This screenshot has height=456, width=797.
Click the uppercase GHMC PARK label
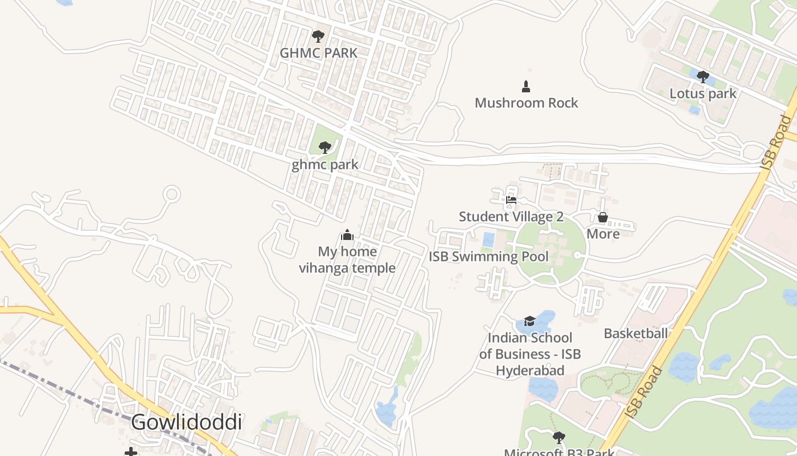tap(318, 53)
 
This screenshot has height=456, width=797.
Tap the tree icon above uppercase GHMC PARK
tap(318, 36)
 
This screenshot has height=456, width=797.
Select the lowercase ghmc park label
tap(325, 165)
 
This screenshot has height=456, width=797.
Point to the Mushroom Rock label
tap(526, 103)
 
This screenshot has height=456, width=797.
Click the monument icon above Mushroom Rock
tap(526, 87)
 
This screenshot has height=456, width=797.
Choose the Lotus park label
tap(703, 93)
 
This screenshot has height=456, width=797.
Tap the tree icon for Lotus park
tap(703, 77)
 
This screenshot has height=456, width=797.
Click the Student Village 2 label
tap(511, 217)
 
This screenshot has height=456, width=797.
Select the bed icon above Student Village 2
tap(511, 200)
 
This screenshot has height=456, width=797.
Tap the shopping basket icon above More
tap(603, 217)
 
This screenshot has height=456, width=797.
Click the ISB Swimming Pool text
tap(488, 256)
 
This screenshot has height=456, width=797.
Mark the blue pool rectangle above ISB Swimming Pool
tap(488, 239)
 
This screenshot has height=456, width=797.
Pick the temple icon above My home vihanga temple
tap(347, 235)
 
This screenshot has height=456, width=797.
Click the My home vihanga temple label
tap(347, 259)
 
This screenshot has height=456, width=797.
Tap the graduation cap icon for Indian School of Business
tap(530, 321)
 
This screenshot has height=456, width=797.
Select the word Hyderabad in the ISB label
tap(530, 370)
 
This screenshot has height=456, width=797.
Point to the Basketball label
tap(635, 333)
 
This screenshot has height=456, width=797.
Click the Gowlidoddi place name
tap(186, 423)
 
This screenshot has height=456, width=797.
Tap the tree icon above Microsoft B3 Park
tap(559, 438)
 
